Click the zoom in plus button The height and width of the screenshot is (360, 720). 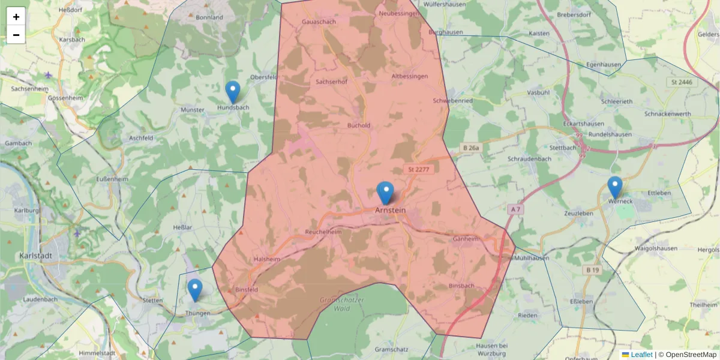16,17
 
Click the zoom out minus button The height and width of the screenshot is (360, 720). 16,35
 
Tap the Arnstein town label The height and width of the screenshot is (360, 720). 390,211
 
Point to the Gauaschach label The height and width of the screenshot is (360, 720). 319,22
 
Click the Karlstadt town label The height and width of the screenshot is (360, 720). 36,255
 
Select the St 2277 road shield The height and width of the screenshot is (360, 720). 418,170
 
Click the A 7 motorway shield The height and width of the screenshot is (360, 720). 515,209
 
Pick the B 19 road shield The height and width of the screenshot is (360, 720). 593,271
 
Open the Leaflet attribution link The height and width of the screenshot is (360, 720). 641,355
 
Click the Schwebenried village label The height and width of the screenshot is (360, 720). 453,101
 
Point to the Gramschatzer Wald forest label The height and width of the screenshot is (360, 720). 335,304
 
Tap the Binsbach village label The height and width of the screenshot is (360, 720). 461,286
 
